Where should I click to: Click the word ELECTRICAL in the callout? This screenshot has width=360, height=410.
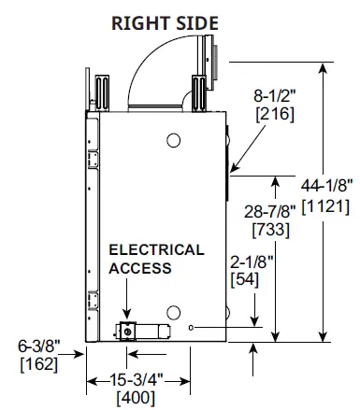point(156,250)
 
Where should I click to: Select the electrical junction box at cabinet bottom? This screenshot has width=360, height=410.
point(126,331)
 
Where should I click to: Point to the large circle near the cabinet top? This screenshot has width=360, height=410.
point(173,142)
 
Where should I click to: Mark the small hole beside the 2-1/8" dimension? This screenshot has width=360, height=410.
point(191,328)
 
